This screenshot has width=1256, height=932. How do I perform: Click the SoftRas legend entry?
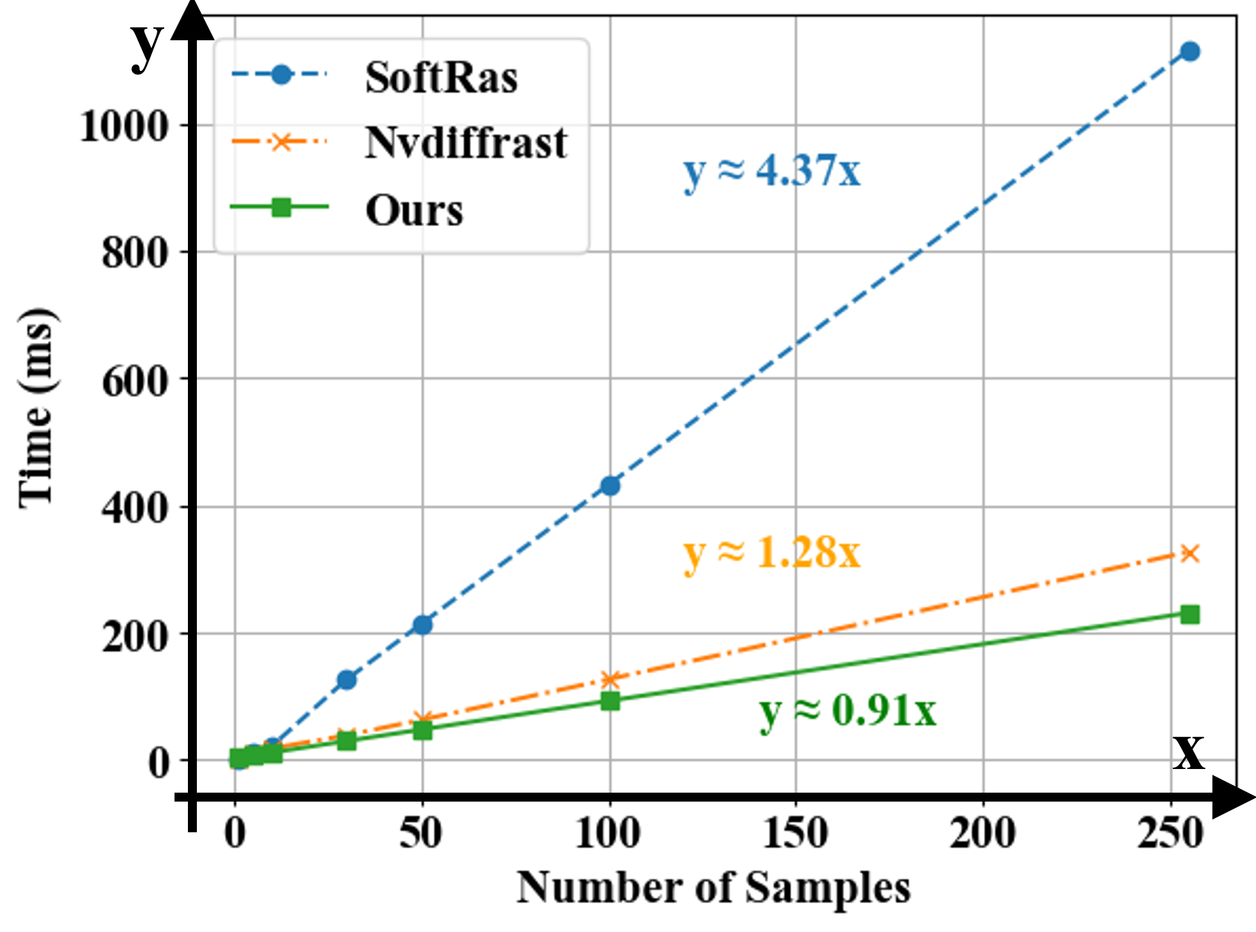click(440, 78)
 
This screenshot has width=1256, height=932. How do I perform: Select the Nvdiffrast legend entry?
click(465, 143)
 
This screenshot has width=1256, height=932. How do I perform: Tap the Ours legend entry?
click(414, 210)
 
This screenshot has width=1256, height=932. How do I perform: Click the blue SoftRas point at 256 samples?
click(1190, 52)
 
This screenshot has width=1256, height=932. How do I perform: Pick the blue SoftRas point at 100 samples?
click(610, 486)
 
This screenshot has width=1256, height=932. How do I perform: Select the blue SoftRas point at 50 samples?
click(423, 625)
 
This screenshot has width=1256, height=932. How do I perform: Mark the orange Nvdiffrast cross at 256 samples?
click(1190, 553)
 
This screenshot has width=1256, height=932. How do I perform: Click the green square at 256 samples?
click(1190, 614)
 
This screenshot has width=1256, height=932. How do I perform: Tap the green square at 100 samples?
click(610, 701)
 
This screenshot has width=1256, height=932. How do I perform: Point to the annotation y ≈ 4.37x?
click(772, 171)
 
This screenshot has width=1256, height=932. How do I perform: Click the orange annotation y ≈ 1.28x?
click(772, 553)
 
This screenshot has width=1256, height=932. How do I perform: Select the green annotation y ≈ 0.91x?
click(848, 711)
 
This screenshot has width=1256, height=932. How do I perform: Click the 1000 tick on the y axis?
click(123, 126)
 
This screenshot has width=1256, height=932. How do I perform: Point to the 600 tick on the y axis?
click(135, 382)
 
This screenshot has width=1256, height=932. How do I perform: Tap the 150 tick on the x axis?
click(796, 834)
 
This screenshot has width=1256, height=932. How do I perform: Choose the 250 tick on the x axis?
click(1170, 834)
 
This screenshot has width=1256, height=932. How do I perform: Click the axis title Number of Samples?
click(713, 889)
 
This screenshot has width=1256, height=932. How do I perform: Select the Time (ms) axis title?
click(36, 409)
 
